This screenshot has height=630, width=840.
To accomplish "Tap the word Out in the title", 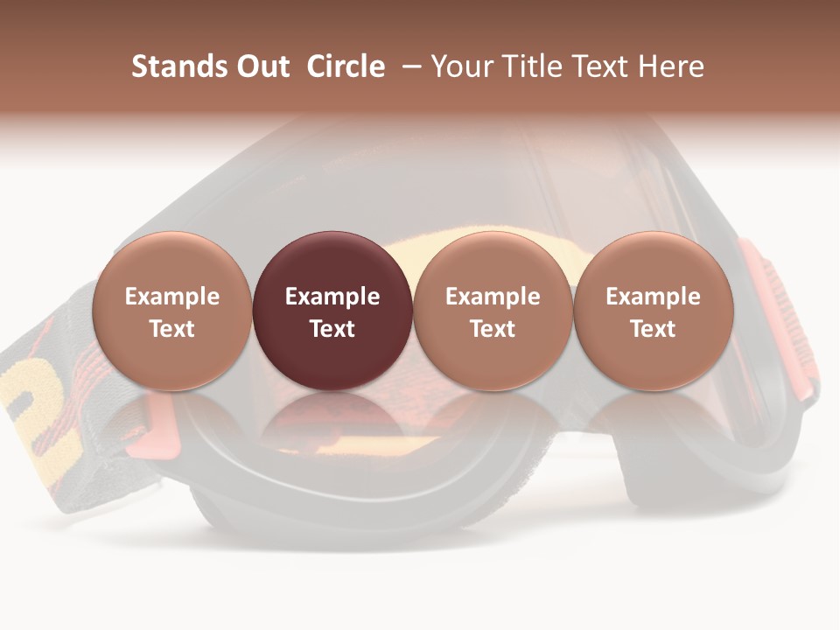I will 261,66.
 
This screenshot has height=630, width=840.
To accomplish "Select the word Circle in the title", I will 346,66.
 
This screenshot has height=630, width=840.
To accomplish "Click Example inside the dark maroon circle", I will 332,297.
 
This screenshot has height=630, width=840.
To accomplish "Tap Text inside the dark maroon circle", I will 332,329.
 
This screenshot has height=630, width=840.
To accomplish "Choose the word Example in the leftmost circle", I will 172,297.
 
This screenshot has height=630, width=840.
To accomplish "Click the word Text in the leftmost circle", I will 172,329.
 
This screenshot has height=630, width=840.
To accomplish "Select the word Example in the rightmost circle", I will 653,297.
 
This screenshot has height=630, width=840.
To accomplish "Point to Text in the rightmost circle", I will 653,329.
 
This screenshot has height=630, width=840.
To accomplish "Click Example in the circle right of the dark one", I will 493,297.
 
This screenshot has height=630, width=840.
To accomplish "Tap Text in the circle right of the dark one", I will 493,329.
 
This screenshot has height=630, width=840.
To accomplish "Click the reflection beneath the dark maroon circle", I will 332,416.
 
